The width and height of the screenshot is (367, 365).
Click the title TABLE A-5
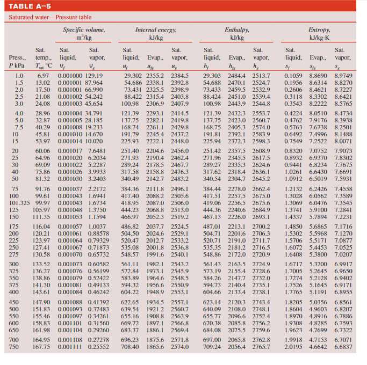[29, 7]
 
